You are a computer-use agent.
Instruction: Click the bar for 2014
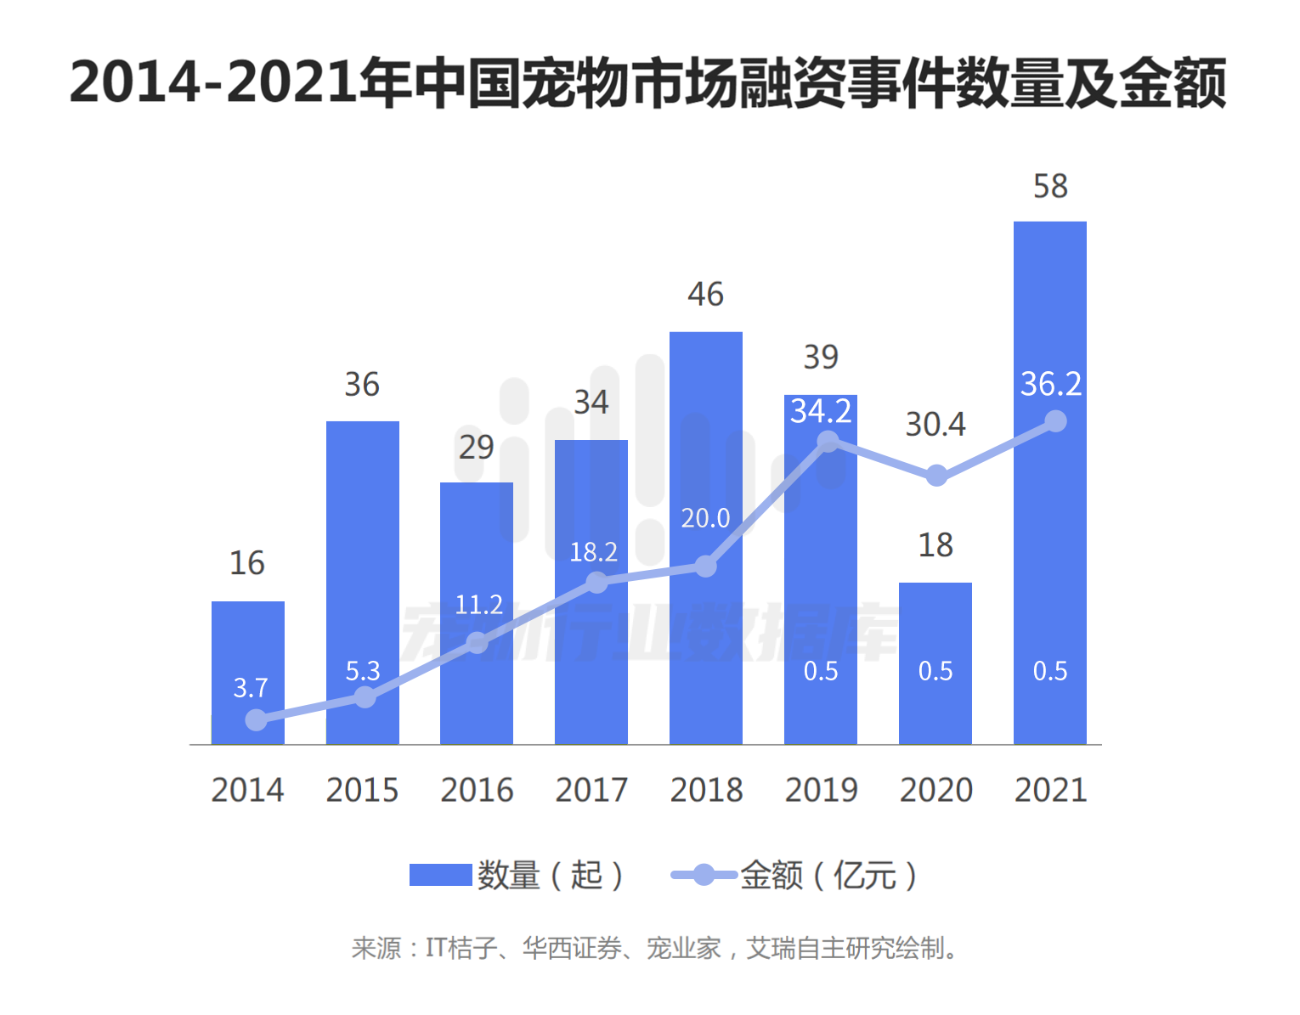247,646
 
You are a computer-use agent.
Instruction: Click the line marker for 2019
828,442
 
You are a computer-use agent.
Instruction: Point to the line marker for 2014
256,720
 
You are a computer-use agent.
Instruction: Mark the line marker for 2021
1055,421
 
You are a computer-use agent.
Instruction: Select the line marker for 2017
597,583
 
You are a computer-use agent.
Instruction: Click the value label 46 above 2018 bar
705,295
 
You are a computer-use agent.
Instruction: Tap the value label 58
1050,187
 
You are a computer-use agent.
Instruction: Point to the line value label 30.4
935,425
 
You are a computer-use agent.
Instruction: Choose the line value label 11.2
479,605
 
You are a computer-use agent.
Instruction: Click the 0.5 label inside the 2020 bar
935,672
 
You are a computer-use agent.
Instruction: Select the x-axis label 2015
362,791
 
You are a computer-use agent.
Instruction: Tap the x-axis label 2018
706,791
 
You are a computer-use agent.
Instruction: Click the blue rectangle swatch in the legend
440,875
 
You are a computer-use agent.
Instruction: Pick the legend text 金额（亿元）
828,875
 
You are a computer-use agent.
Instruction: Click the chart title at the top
648,83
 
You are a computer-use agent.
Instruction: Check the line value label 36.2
1051,385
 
